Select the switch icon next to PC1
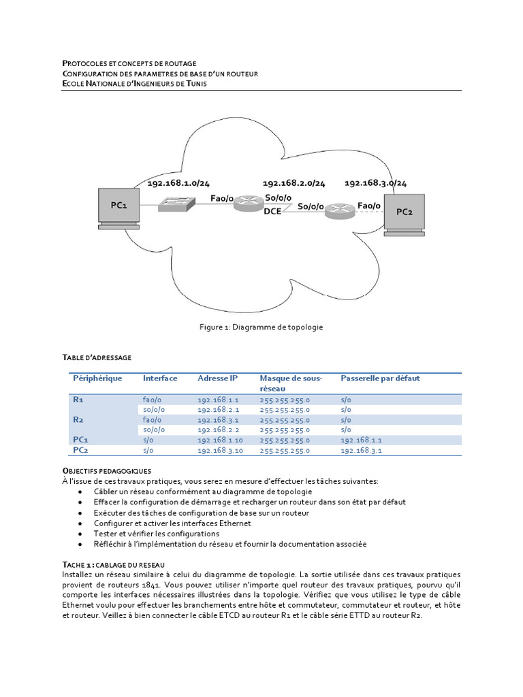coord(176,203)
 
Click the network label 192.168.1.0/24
coord(178,183)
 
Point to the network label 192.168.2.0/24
coord(294,183)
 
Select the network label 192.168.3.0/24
coord(375,183)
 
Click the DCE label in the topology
coord(272,211)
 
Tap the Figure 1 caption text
coord(261,327)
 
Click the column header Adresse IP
coord(217,378)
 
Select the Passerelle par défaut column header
coord(380,378)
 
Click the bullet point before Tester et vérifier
coord(82,534)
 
